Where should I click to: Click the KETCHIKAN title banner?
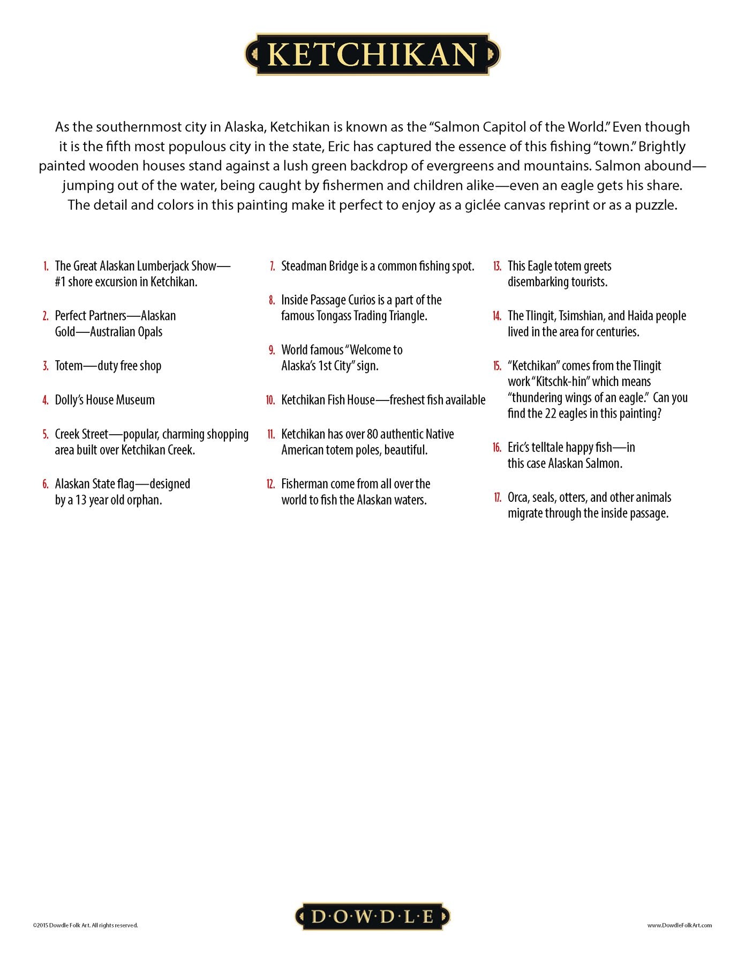click(x=372, y=54)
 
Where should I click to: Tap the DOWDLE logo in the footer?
click(x=372, y=916)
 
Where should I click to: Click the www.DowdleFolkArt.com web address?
click(x=679, y=925)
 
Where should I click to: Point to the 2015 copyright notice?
click(x=85, y=925)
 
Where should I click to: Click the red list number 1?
click(x=46, y=266)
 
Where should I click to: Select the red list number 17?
click(x=498, y=498)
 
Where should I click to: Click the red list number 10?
click(x=270, y=400)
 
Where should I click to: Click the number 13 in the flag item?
click(x=81, y=500)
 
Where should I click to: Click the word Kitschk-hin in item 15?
click(x=562, y=382)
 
